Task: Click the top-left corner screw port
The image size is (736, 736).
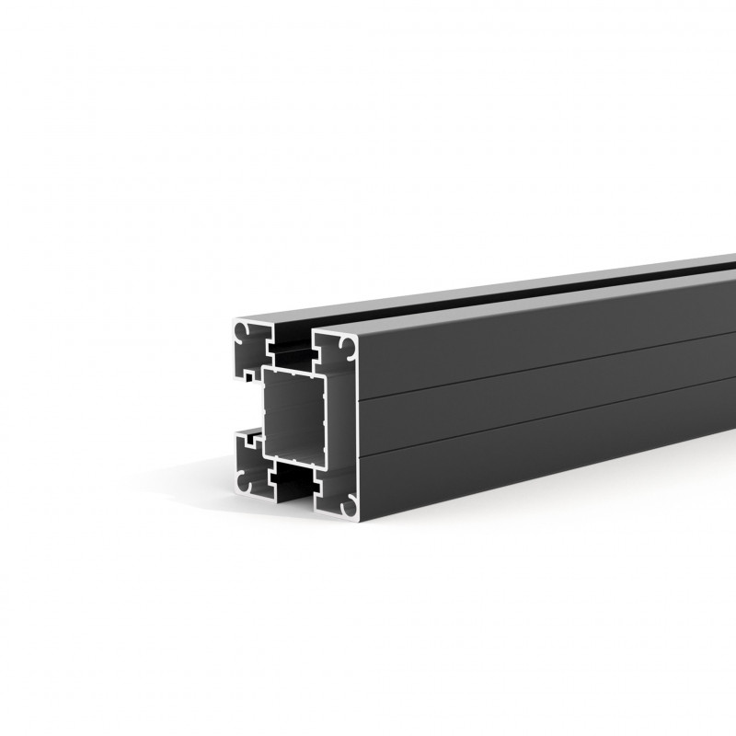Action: (243, 328)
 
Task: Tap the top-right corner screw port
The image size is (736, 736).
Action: (349, 347)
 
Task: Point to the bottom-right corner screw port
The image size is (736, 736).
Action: (349, 505)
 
